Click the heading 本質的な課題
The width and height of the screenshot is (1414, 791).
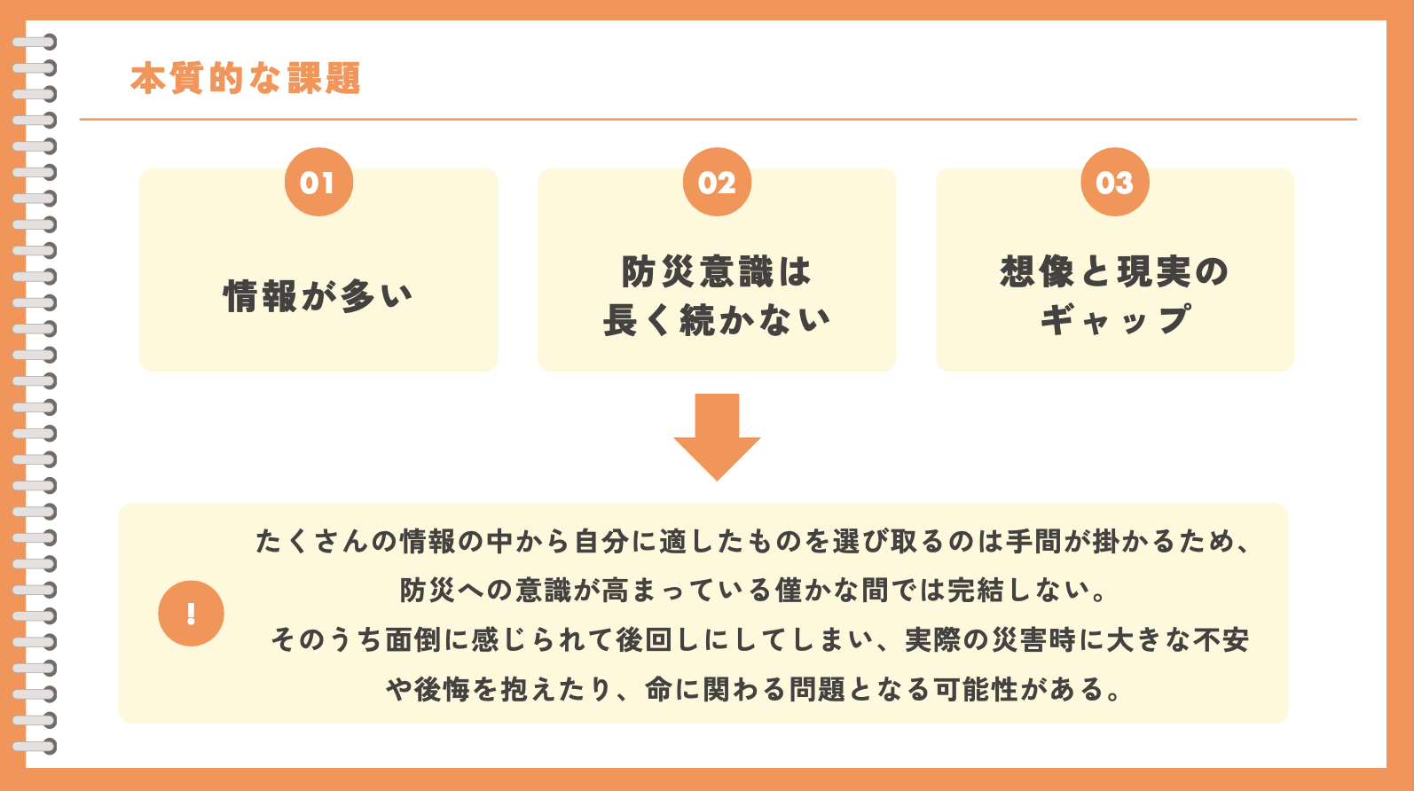pos(246,78)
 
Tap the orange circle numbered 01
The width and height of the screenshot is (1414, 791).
pos(318,183)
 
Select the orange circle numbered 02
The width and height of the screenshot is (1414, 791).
pos(717,183)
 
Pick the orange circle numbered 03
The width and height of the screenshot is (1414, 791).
pos(1115,183)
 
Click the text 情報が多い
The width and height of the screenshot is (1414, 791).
pos(318,296)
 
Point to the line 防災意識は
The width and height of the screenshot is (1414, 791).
pos(717,272)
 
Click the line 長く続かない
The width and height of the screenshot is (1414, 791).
pos(717,320)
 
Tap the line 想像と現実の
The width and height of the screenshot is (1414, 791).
pos(1115,272)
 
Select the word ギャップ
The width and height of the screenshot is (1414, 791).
pos(1115,319)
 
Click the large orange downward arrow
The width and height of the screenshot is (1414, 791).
pos(717,436)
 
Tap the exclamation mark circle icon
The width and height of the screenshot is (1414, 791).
pos(192,613)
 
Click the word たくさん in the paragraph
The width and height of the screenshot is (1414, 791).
pos(312,542)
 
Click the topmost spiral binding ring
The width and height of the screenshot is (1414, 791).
pos(35,43)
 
